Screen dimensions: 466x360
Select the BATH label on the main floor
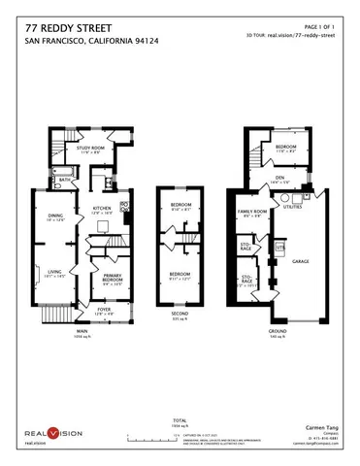tap(63, 180)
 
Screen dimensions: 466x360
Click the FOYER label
tap(105, 311)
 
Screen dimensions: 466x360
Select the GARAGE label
tap(301, 261)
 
